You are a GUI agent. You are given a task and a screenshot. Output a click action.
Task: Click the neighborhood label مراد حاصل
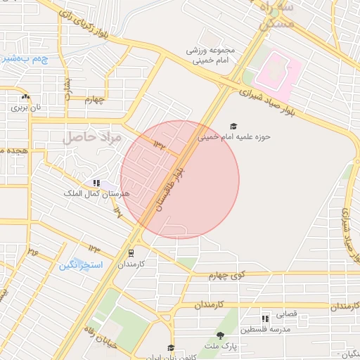point(92,138)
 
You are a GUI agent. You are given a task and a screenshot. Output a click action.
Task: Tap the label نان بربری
point(27,109)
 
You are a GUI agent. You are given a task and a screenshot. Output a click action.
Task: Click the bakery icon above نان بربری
point(26,97)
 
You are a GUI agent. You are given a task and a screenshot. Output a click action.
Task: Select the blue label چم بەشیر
point(25,59)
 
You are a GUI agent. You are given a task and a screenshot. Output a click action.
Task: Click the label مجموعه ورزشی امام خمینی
point(219,56)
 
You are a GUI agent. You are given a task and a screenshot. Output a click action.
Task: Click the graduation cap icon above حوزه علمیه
point(233,127)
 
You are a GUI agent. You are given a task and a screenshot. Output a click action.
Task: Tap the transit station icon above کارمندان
point(131,253)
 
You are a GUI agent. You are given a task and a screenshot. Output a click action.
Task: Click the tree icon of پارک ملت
point(220,335)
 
